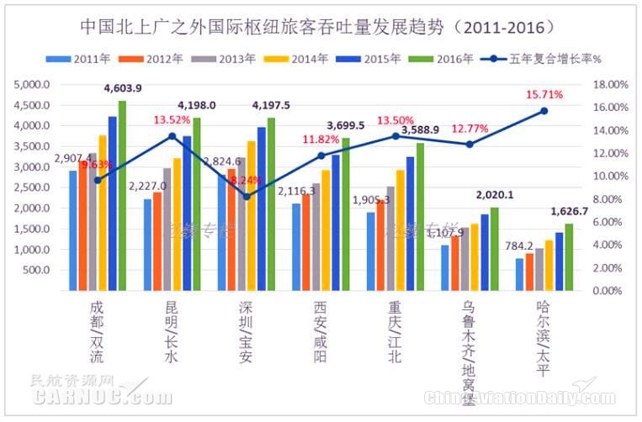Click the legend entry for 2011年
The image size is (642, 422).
[83, 59]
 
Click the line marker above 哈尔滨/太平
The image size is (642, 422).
[544, 111]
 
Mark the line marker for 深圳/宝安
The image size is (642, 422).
[246, 197]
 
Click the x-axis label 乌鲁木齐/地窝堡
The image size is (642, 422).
[469, 345]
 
